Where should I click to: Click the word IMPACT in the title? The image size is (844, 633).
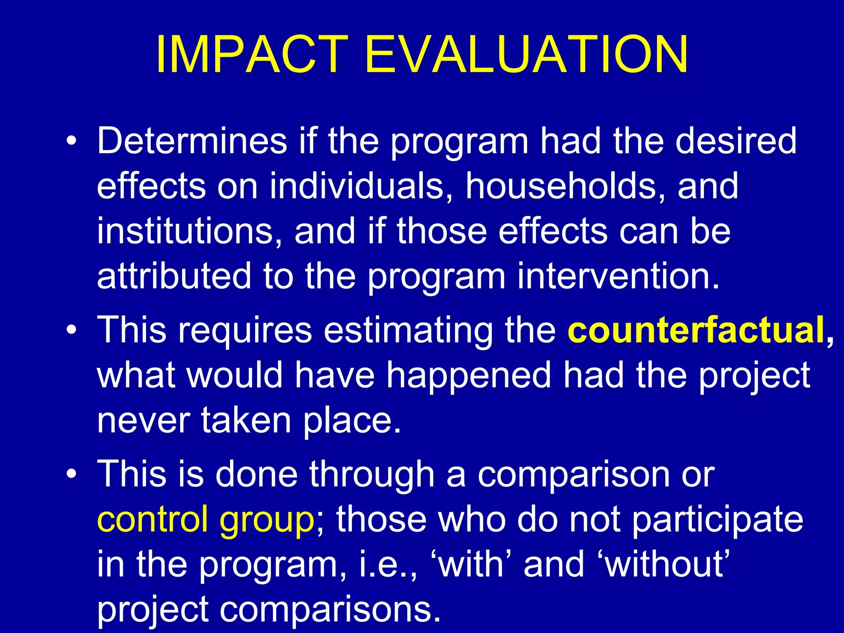[x=252, y=54]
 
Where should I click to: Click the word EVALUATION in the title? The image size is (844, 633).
[x=526, y=54]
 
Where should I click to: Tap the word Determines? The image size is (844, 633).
[x=192, y=141]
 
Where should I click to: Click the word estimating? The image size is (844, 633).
[x=408, y=331]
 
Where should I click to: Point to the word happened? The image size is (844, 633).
[x=469, y=375]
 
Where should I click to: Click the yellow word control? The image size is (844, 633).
[x=152, y=519]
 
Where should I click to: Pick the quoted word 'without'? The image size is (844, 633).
[x=665, y=565]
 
